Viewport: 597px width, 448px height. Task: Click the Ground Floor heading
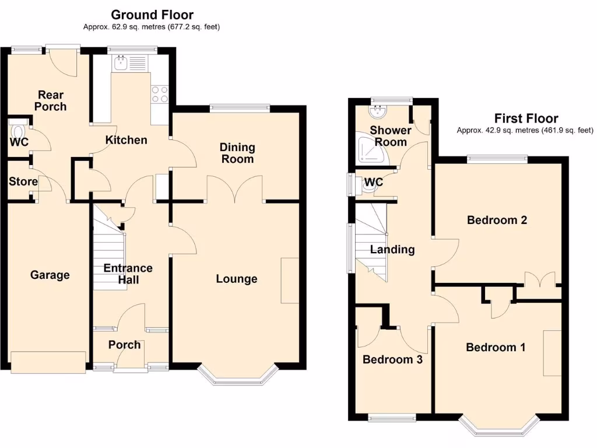(152, 15)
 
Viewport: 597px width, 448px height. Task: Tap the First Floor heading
(526, 118)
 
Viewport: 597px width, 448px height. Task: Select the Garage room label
(50, 275)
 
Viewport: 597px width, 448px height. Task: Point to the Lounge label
(237, 279)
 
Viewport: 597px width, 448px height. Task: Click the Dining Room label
(237, 153)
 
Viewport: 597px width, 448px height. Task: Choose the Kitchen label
(126, 140)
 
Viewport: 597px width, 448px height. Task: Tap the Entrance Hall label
(128, 274)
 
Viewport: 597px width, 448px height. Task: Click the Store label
(23, 181)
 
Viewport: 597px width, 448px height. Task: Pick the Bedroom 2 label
(497, 220)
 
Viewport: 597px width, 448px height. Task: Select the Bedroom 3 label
(392, 359)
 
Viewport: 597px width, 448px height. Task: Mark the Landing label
(392, 250)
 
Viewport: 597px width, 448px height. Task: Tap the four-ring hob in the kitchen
(160, 94)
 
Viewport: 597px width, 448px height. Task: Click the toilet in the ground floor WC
(18, 129)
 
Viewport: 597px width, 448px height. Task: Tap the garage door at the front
(49, 362)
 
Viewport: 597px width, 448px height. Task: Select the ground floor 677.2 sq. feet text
(191, 27)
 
